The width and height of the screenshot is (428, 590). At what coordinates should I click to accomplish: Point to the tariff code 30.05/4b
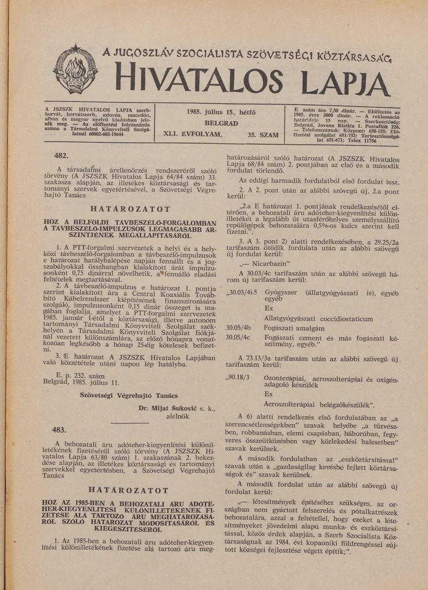point(239,327)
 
